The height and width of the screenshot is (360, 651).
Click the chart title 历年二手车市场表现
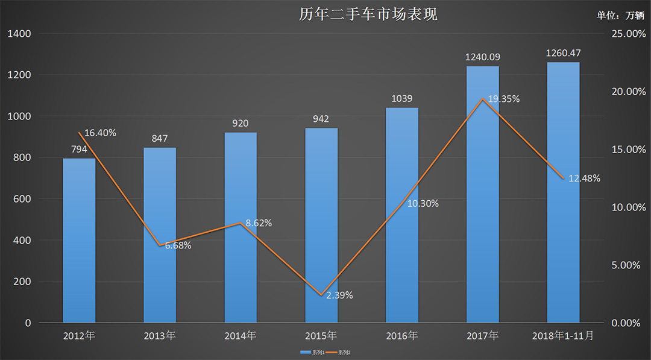point(368,14)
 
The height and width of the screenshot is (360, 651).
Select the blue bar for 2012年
point(79,241)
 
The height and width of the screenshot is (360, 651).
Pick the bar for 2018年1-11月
point(563,193)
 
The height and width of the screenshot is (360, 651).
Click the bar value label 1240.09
point(483,57)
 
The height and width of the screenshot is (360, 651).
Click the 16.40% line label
point(100,133)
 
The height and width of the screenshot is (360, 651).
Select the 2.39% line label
point(339,295)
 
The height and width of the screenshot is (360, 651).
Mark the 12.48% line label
point(584,178)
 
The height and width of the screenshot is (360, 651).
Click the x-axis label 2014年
point(241,336)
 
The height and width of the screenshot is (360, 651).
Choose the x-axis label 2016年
point(402,336)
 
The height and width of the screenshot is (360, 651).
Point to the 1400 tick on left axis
point(19,34)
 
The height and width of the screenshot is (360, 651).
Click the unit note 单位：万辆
point(620,16)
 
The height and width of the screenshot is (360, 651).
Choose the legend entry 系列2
point(341,352)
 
